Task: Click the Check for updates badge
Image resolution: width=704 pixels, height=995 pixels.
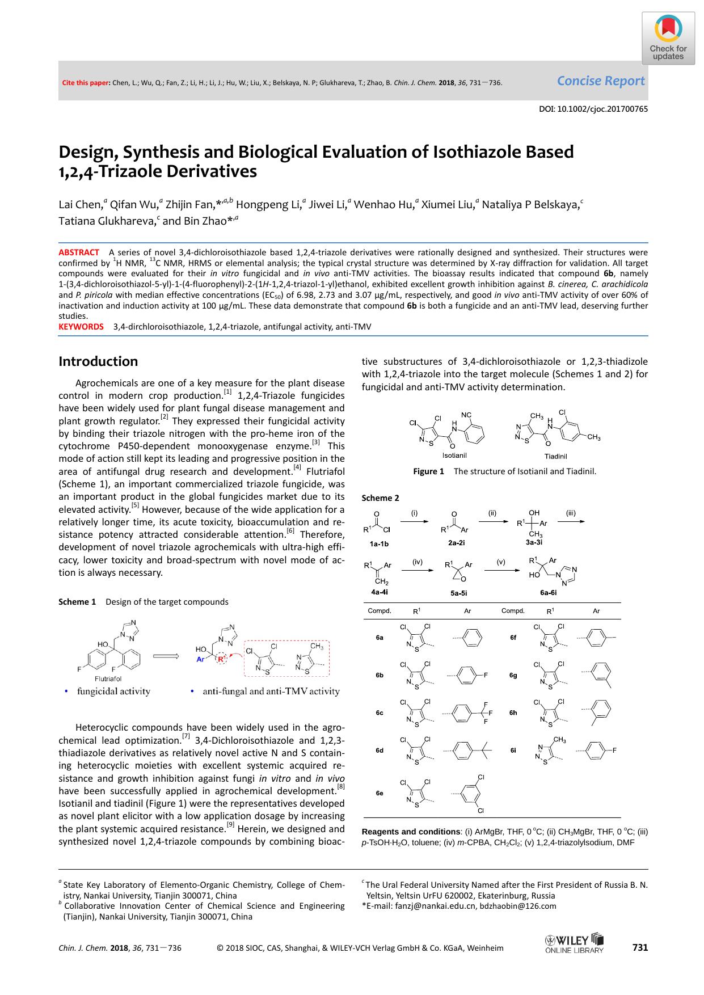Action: (668, 38)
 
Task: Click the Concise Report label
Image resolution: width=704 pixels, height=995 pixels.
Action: (600, 81)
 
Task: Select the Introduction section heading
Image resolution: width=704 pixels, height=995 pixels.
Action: (98, 361)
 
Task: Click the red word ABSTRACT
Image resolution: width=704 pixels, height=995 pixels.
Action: (79, 252)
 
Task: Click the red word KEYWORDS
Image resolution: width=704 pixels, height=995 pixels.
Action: (81, 327)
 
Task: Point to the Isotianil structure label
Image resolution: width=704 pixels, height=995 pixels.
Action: (454, 455)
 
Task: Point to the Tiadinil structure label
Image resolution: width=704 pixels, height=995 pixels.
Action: (555, 456)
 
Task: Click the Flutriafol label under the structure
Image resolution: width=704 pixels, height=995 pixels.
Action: (108, 678)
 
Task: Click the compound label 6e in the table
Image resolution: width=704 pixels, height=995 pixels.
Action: (380, 793)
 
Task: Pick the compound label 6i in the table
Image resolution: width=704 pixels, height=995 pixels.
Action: (513, 750)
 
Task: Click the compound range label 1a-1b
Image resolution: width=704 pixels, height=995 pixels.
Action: (379, 543)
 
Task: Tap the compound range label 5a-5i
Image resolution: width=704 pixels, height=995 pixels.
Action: (458, 593)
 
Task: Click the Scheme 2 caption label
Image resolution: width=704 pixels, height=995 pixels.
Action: (380, 498)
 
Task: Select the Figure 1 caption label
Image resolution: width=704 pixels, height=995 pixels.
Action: (428, 471)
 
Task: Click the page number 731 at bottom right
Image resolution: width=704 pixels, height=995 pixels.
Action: (639, 947)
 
